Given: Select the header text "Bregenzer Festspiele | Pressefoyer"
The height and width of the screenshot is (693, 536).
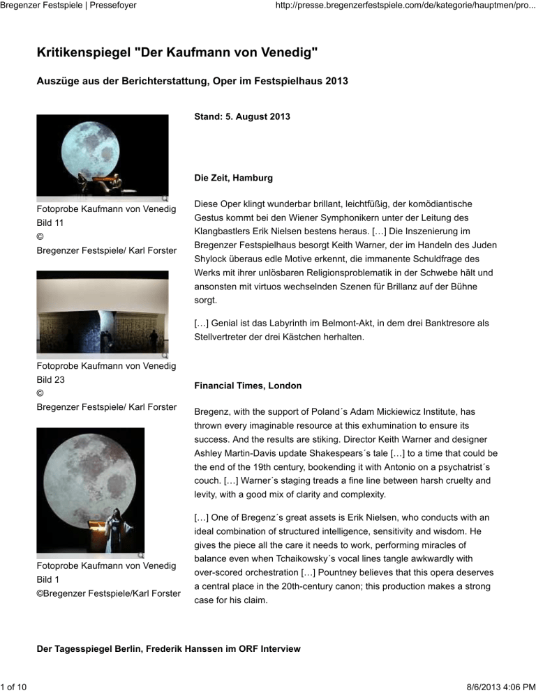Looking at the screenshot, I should coord(68,6).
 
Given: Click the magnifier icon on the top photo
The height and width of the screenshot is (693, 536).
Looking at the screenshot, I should coord(163,199).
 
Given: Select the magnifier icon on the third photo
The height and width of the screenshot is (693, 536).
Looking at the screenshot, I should coord(140,555).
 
